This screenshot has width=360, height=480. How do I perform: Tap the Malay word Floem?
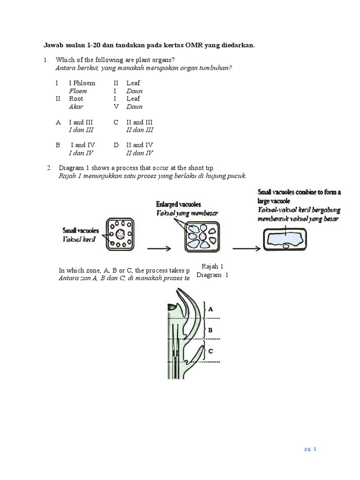coord(78,91)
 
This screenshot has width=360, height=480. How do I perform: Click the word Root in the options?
coord(76,98)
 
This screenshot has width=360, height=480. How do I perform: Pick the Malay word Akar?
coord(76,106)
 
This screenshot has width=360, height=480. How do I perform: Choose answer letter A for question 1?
coord(58,122)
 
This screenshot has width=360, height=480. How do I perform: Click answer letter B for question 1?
coord(58,145)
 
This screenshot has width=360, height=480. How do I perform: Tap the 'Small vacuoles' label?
coord(81,231)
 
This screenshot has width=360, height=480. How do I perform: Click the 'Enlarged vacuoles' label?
coord(179,204)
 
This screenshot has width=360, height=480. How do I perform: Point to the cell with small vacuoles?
coord(121,233)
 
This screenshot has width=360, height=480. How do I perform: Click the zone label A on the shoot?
coord(210,309)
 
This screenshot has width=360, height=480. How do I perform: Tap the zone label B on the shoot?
coord(210,330)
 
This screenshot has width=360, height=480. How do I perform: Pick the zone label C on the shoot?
coord(210,351)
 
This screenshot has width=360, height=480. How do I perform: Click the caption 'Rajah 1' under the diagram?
coord(212,267)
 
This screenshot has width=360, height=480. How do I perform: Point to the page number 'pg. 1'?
coord(311,449)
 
